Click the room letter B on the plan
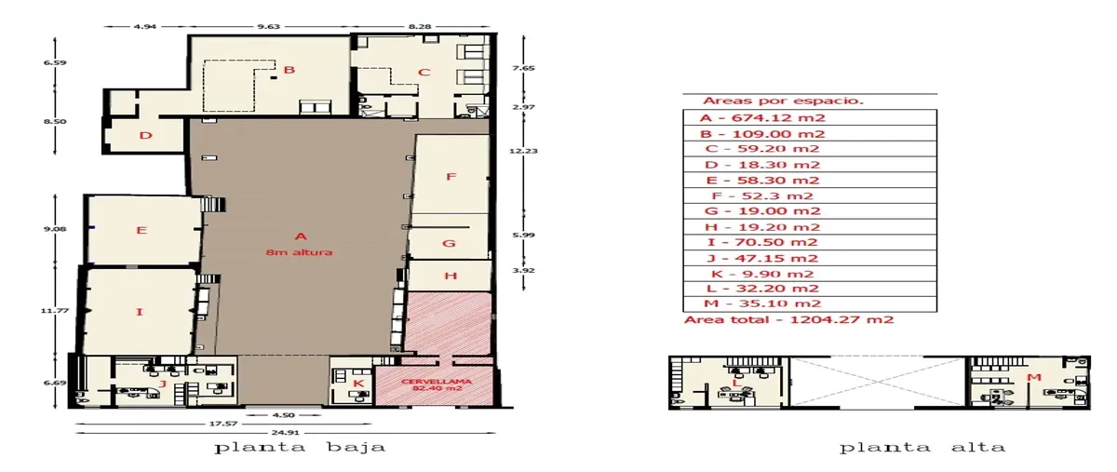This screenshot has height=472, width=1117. click(289, 70)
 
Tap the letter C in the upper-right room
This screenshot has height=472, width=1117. click(424, 73)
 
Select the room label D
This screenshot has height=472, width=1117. click(145, 135)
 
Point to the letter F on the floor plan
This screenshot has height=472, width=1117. click(451, 177)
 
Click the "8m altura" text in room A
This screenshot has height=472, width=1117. click(299, 252)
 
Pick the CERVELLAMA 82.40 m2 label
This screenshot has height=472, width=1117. click(437, 384)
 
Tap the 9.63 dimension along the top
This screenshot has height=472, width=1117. click(268, 26)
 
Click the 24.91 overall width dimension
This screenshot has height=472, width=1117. click(285, 433)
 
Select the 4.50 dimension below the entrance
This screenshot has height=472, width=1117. click(283, 414)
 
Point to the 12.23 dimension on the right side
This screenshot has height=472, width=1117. click(523, 151)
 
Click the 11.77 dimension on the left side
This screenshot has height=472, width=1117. click(55, 310)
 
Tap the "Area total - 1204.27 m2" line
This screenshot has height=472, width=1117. click(789, 319)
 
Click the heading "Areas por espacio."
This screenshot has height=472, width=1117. click(783, 101)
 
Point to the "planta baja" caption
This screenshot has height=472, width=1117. click(300, 447)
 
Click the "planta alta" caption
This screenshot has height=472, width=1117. click(922, 447)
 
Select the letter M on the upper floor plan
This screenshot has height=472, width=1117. click(1034, 377)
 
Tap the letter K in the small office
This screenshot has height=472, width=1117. click(358, 384)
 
